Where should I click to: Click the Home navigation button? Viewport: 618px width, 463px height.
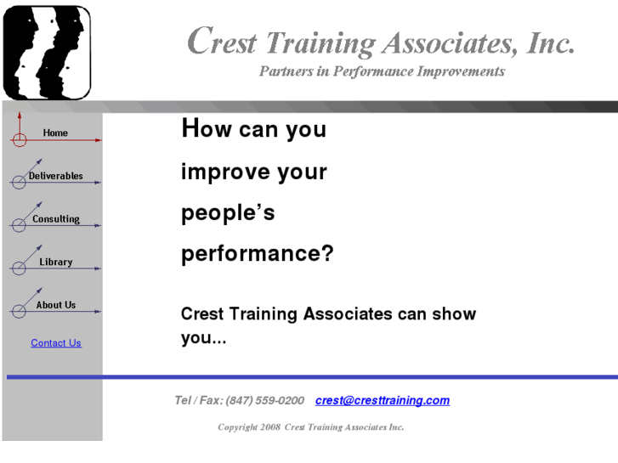click(x=55, y=133)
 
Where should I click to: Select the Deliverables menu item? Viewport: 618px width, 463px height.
click(x=56, y=176)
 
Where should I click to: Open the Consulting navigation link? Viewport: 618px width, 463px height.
click(x=56, y=219)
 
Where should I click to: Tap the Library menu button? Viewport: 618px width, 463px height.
click(x=56, y=262)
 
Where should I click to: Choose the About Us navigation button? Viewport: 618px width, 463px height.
click(x=56, y=305)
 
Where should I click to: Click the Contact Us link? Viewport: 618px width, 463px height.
click(x=56, y=343)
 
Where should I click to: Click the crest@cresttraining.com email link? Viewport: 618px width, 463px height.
click(x=382, y=400)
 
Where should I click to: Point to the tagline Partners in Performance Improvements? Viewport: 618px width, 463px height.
click(x=382, y=71)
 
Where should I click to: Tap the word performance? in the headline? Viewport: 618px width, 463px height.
click(x=258, y=254)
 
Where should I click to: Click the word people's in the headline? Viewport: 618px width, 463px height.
click(x=228, y=213)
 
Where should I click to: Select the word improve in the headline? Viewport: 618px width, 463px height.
click(x=217, y=172)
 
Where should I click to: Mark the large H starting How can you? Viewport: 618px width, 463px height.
click(x=190, y=128)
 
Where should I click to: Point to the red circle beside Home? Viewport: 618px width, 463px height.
click(x=19, y=140)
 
